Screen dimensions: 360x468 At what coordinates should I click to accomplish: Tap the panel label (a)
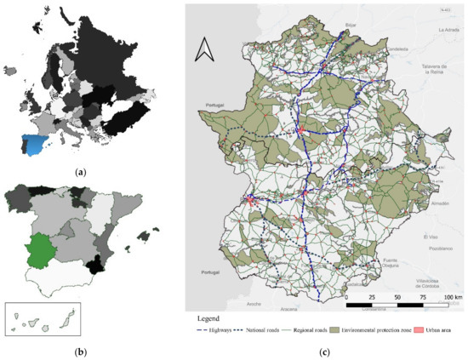82,172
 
